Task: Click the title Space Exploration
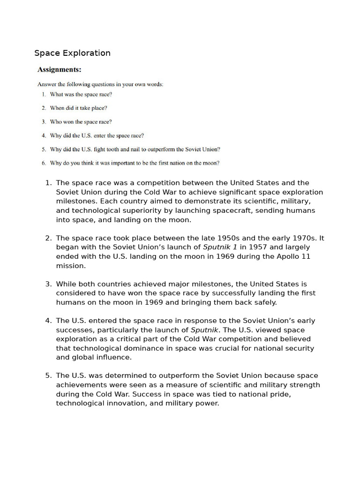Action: click(x=72, y=53)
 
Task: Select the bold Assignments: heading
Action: click(x=59, y=70)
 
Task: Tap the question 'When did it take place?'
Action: click(x=78, y=108)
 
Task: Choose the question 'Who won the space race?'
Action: click(x=81, y=122)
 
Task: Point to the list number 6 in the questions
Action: click(x=44, y=163)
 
